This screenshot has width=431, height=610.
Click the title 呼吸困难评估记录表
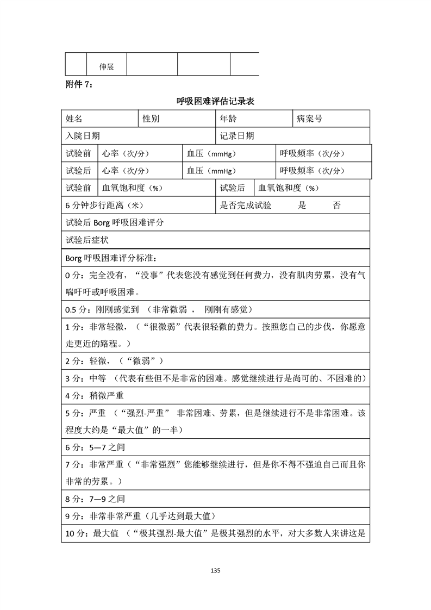pyautogui.click(x=216, y=101)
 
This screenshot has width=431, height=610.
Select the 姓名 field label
pyautogui.click(x=74, y=119)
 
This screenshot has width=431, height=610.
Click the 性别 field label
pyautogui.click(x=151, y=119)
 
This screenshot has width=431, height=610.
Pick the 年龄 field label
pyautogui.click(x=228, y=119)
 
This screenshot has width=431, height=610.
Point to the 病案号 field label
pyautogui.click(x=309, y=119)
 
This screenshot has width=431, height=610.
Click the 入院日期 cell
pyautogui.click(x=83, y=136)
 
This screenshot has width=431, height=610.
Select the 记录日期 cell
pyautogui.click(x=237, y=136)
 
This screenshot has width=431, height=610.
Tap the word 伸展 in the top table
pyautogui.click(x=107, y=67)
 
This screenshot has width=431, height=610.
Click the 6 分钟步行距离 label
pyautogui.click(x=104, y=206)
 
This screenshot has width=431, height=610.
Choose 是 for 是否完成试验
pyautogui.click(x=303, y=206)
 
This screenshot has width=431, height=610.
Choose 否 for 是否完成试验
pyautogui.click(x=337, y=206)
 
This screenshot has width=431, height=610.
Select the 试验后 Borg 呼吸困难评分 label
pyautogui.click(x=115, y=223)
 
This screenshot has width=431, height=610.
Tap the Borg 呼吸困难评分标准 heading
pyautogui.click(x=114, y=258)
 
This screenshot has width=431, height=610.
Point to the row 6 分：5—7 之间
pyautogui.click(x=99, y=447)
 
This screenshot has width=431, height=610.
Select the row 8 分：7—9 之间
pyautogui.click(x=99, y=498)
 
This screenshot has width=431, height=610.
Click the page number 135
pyautogui.click(x=215, y=570)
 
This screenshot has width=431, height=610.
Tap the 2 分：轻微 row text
pyautogui.click(x=115, y=361)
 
